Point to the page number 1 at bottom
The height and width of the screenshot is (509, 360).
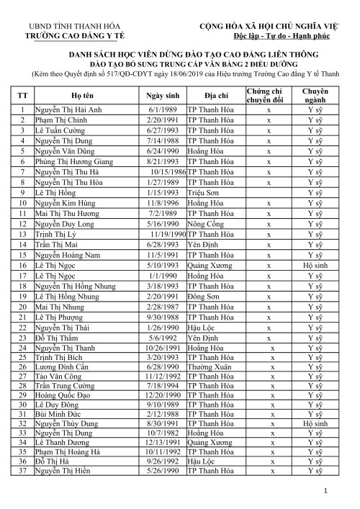325,490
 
